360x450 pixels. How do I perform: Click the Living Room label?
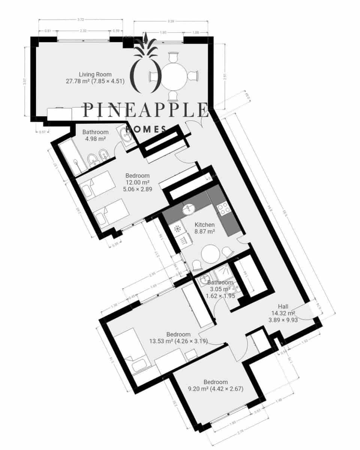[95, 74]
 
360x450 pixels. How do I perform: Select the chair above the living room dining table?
[172, 58]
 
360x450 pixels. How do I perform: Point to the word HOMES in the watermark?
[146, 129]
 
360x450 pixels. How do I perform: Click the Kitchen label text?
[204, 225]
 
